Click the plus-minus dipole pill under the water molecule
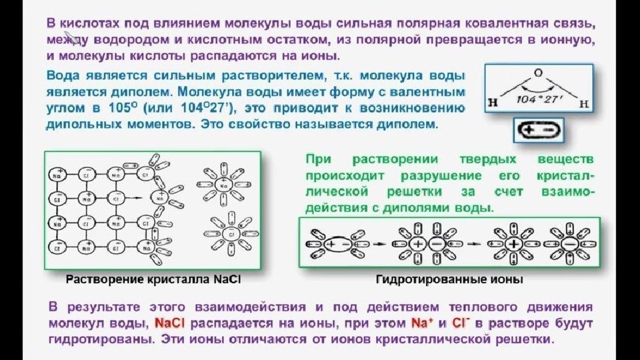coord(538,130)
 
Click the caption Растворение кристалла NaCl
coord(153,280)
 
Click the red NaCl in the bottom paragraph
coord(172,324)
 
